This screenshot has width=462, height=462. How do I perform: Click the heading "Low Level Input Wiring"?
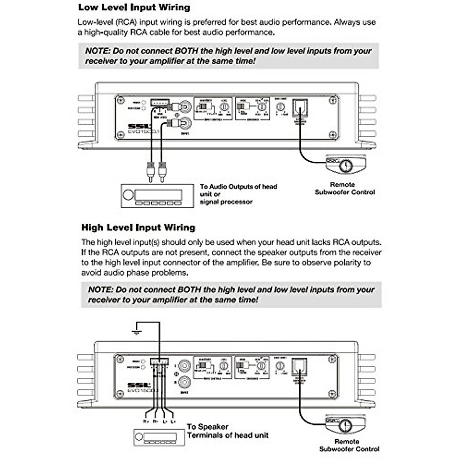134,7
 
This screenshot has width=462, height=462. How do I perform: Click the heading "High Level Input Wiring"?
138,228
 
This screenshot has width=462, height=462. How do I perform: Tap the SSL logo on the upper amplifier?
136,126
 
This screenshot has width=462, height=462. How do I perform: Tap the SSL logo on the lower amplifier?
137,385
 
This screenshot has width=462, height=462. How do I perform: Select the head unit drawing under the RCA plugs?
157,196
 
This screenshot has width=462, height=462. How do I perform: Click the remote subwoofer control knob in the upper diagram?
346,166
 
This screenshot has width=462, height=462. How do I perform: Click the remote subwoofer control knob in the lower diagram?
345,425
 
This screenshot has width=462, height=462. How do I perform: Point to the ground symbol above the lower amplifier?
136,331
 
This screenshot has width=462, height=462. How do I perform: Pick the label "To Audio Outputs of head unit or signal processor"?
238,194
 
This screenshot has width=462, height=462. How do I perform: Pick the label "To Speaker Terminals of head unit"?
227,431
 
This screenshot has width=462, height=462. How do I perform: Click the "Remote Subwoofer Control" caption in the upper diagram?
345,188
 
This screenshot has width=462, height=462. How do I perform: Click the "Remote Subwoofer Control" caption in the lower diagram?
349,445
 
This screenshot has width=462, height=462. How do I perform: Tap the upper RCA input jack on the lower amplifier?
184,365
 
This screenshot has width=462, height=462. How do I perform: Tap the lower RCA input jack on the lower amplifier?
184,382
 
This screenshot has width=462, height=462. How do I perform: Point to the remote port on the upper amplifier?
300,108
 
